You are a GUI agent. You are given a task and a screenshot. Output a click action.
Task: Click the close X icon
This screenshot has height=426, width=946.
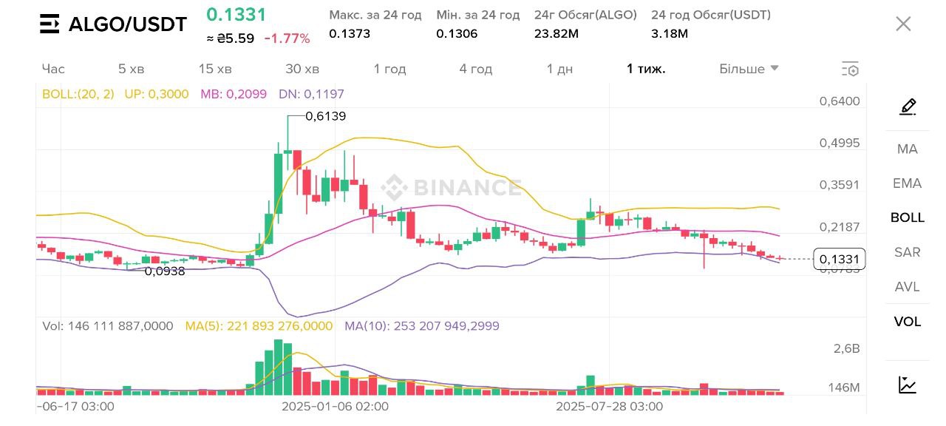[903, 24]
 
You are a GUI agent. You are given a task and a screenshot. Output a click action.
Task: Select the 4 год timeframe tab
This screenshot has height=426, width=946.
[475, 69]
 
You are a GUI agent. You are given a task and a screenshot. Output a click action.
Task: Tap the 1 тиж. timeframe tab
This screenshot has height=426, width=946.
[646, 69]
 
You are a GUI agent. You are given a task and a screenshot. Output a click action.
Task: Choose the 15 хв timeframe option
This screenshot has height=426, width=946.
[215, 69]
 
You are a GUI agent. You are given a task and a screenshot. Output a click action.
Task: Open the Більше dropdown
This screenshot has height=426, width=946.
[749, 69]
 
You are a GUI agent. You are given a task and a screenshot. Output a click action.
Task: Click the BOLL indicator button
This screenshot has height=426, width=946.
[907, 217]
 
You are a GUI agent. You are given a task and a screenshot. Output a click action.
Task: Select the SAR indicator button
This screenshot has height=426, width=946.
[907, 252]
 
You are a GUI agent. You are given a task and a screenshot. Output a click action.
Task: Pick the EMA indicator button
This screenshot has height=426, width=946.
[907, 183]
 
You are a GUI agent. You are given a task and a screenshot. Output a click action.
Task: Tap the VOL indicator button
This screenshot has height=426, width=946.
[907, 322]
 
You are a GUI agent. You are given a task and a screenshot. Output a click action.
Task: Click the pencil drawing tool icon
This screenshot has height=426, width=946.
[908, 106]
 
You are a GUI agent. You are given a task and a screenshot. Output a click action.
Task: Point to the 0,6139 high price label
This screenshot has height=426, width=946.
[325, 116]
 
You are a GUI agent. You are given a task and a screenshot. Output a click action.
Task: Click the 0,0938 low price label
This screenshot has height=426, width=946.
[164, 271]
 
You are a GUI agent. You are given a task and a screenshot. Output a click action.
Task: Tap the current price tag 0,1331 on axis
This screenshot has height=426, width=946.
[839, 259]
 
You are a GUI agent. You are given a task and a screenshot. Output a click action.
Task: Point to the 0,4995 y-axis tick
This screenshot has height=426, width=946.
[840, 143]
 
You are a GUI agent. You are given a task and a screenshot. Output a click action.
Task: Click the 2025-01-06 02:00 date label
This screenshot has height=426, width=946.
[335, 407]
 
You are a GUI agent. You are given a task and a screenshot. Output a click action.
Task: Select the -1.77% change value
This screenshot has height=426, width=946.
[287, 38]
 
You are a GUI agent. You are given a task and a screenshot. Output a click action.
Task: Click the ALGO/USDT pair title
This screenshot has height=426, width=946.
[127, 24]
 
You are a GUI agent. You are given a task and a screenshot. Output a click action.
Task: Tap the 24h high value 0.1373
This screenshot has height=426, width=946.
[350, 33]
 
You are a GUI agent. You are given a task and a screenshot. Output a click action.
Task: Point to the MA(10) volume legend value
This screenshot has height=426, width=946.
[422, 326]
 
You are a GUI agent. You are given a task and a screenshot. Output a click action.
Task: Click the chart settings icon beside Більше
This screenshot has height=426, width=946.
[850, 70]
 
